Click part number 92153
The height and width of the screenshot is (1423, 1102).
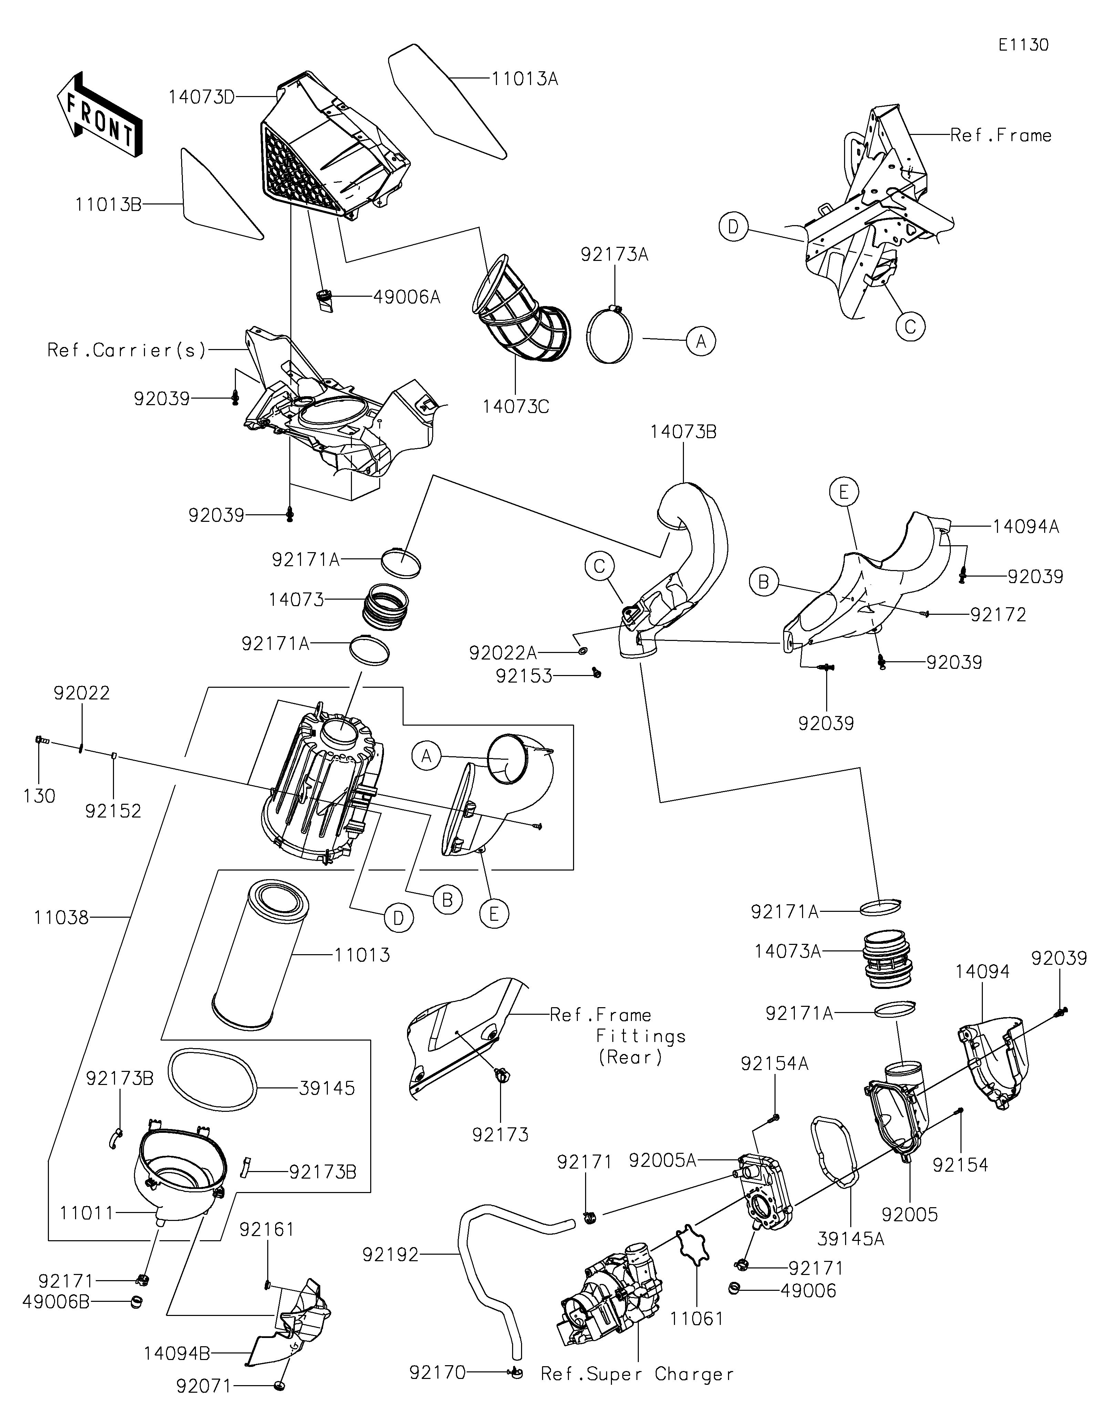[523, 676]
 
